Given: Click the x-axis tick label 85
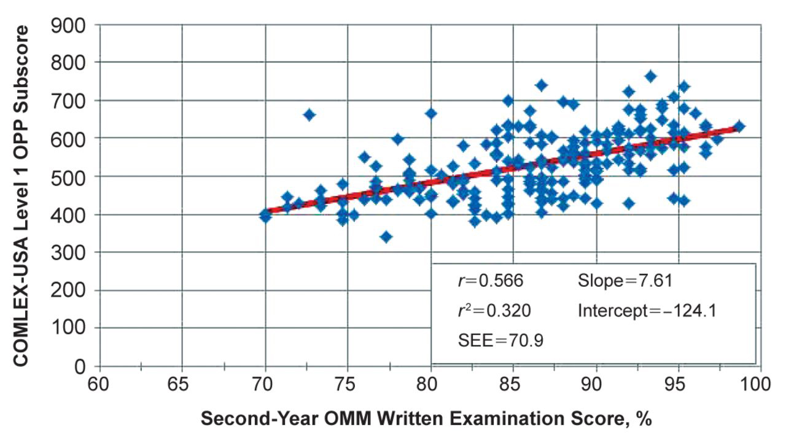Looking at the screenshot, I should coord(513,386).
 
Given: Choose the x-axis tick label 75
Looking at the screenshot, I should coord(348,386).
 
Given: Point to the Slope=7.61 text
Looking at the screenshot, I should coord(625,281).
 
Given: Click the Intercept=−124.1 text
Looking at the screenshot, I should coord(647,311).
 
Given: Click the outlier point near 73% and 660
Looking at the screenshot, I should coord(309,115).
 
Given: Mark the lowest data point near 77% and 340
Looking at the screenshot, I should coord(386,237).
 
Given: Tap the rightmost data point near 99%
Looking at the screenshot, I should coord(739,127).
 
